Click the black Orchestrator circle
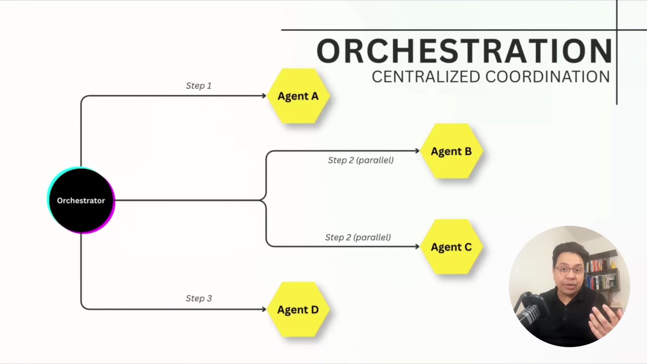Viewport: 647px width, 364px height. pos(81,200)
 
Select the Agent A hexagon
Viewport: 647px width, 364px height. pos(298,96)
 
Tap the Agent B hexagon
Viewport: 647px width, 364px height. pos(451,151)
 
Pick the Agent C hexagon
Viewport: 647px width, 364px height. pos(451,247)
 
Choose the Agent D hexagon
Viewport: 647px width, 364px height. pos(298,310)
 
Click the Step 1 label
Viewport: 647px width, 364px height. pos(199,86)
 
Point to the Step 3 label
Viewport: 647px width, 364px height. pos(199,298)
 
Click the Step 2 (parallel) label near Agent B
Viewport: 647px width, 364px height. pos(361,160)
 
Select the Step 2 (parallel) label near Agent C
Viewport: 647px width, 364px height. pos(358,237)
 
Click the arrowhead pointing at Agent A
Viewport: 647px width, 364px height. pos(264,96)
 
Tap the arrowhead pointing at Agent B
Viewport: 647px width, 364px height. pos(417,151)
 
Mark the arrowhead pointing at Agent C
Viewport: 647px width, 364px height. pos(417,246)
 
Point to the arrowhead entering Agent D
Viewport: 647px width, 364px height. pos(264,309)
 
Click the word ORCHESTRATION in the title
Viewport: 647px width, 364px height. pos(464,51)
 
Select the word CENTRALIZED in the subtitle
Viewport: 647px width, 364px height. pos(426,77)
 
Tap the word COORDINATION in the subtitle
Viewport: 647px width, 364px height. pos(547,77)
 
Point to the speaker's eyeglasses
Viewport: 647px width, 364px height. pos(570,270)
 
